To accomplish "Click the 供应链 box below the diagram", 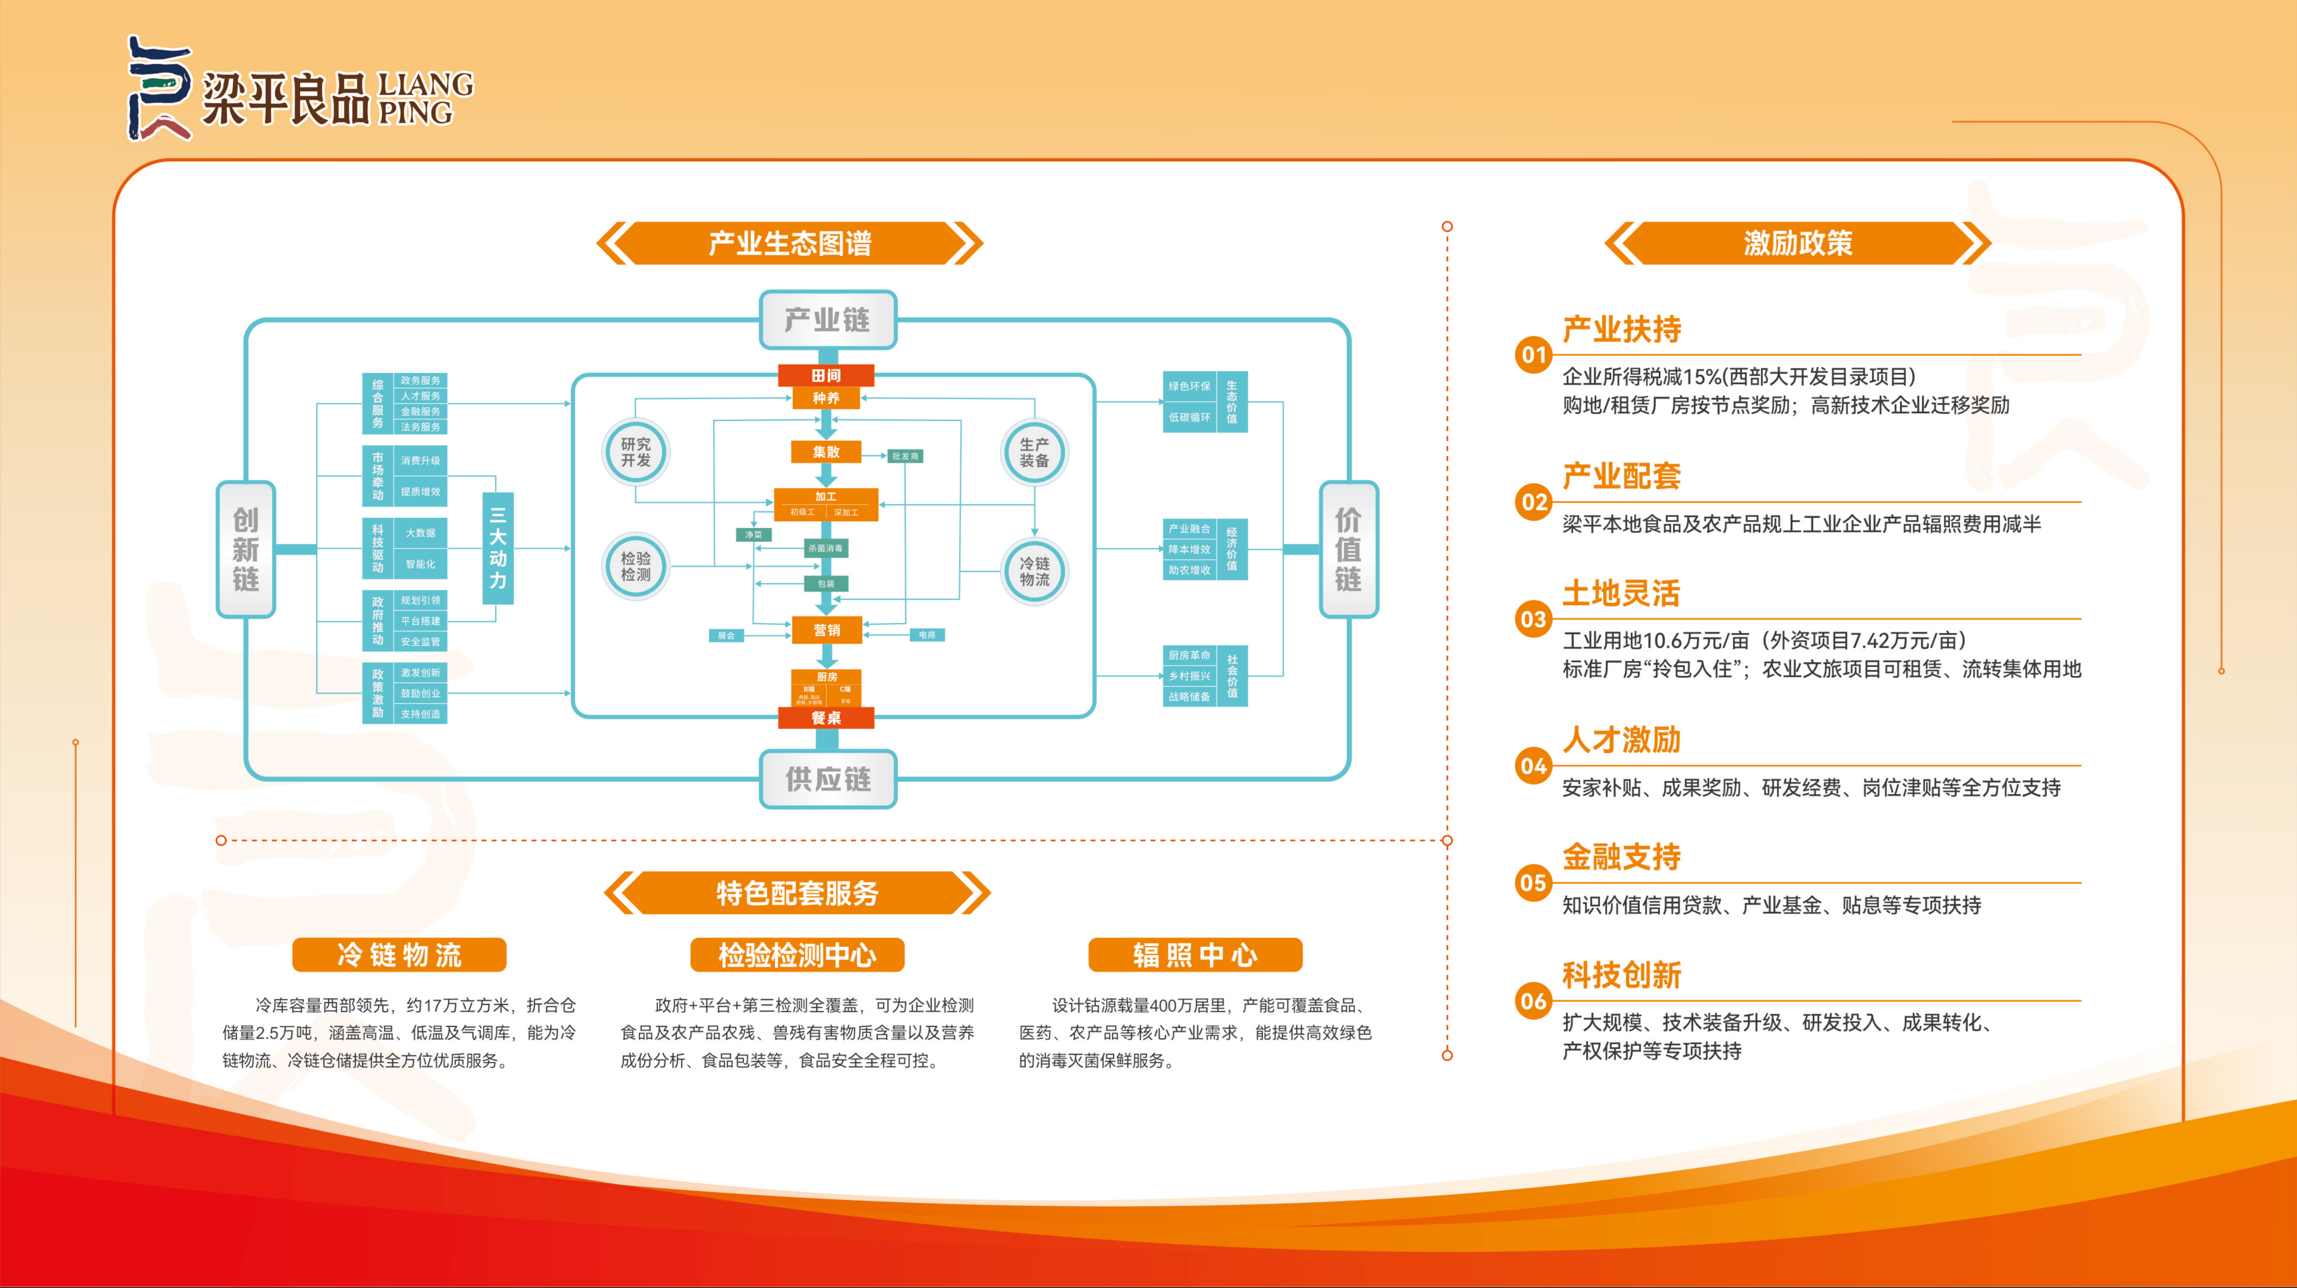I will (827, 779).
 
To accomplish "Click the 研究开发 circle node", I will (636, 452).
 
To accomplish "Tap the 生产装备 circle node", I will (1034, 452).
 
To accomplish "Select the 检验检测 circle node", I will (636, 567).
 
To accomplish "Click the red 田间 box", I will (826, 375).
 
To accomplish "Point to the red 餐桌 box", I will (826, 718).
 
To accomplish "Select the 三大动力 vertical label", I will (498, 548).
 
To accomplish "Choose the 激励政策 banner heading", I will (1798, 243).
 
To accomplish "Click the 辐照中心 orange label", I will (1195, 955).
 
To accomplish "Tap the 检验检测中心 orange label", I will (797, 955).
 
